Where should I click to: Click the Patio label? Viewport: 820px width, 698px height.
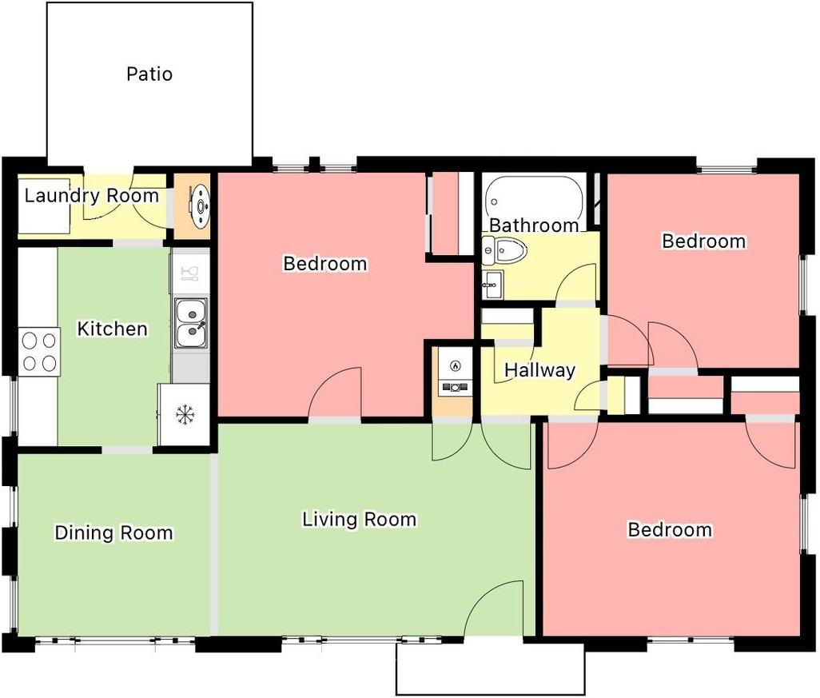click(x=149, y=74)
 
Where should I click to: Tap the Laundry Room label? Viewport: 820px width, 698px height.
click(x=92, y=196)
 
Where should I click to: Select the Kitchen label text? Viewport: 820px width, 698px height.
click(x=113, y=329)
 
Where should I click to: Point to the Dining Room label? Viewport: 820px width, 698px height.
click(x=113, y=532)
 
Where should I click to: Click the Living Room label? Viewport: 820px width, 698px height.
click(x=360, y=519)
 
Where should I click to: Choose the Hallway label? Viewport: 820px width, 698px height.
click(x=539, y=370)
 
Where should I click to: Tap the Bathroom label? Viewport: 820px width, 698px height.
click(x=534, y=225)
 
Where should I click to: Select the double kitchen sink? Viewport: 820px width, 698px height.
click(x=191, y=323)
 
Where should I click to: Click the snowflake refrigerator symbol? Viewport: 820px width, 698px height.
click(x=185, y=415)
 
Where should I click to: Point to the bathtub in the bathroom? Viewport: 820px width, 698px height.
click(x=533, y=201)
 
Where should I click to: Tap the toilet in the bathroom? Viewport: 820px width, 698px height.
click(x=504, y=250)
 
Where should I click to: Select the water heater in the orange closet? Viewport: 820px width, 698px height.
click(x=201, y=206)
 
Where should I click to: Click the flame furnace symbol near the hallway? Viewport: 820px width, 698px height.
click(x=455, y=365)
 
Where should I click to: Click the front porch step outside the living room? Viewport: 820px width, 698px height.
click(x=490, y=669)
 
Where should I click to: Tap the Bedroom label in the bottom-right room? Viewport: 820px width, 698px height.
click(x=670, y=529)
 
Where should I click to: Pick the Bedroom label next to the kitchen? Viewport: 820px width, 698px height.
click(x=325, y=263)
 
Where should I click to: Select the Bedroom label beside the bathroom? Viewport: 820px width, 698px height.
click(x=704, y=241)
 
